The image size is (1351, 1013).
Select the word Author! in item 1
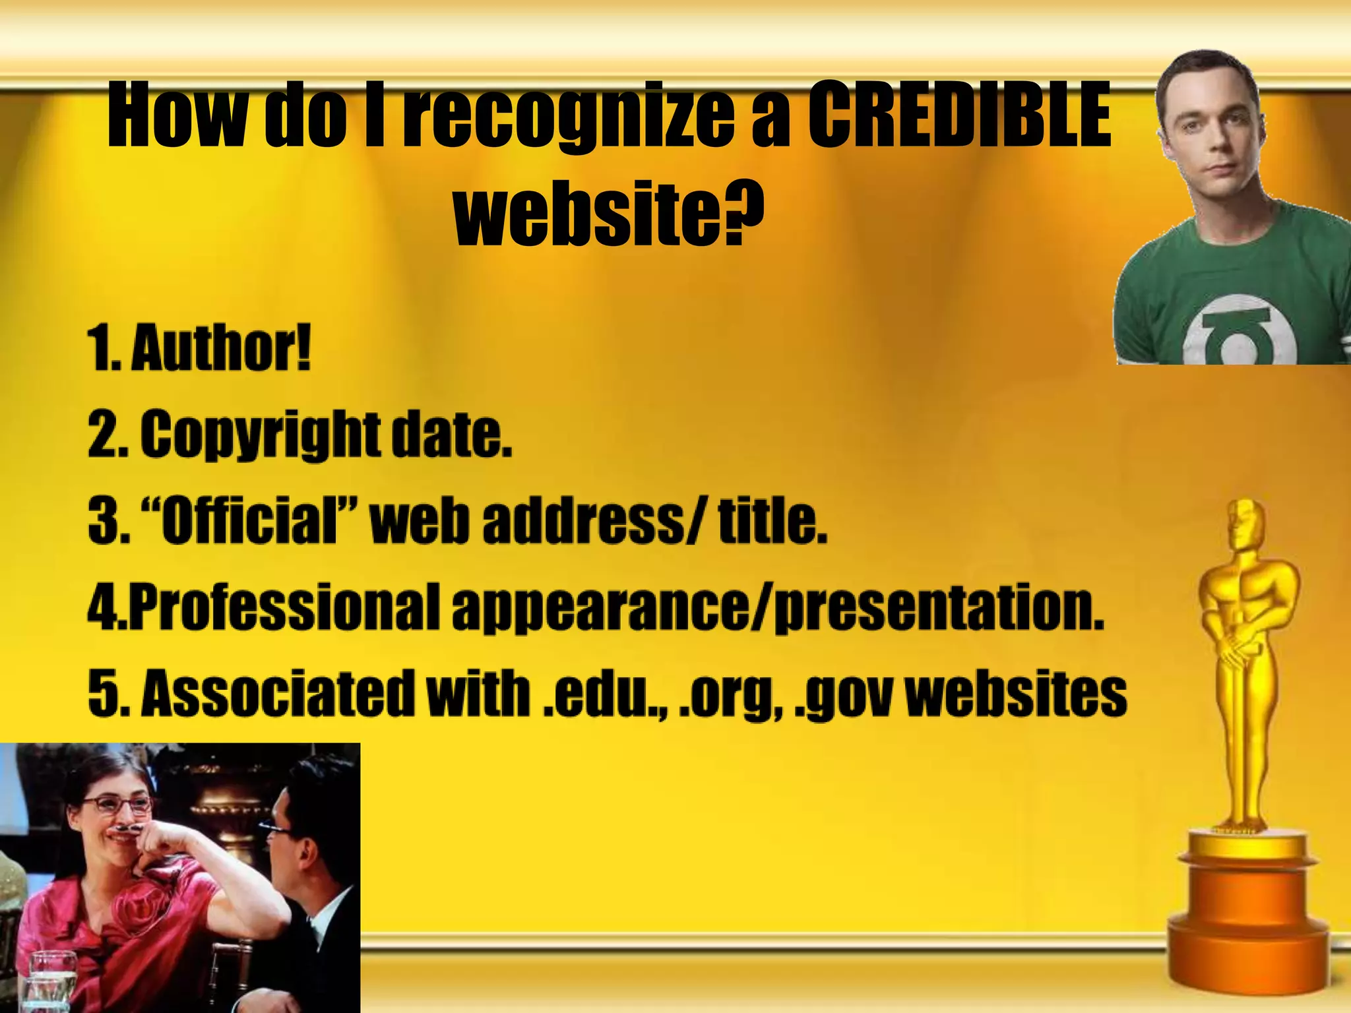(x=221, y=348)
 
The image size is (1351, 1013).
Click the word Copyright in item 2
(x=261, y=435)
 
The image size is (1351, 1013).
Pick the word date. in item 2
(x=452, y=435)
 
